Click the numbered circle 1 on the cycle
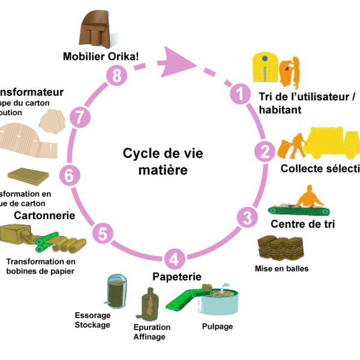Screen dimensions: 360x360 click(240, 94)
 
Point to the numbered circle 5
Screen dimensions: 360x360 click(103, 233)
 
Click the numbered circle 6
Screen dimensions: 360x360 click(69, 176)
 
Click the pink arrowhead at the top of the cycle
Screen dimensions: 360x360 click(185, 61)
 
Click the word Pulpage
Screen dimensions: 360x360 click(218, 327)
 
